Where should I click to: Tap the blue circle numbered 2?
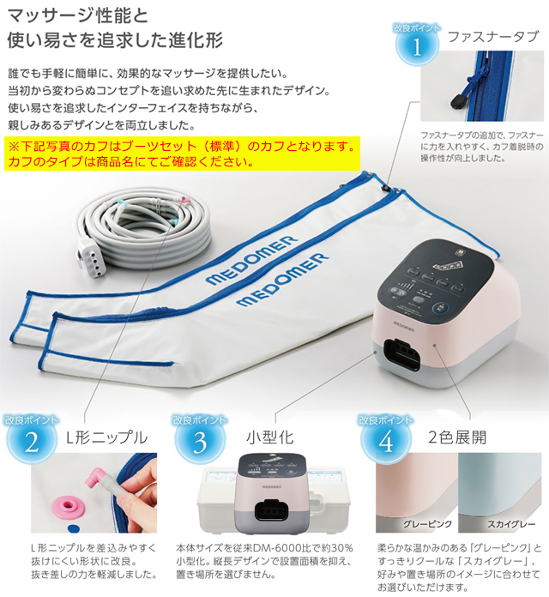[x=32, y=439]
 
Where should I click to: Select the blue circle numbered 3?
[x=199, y=439]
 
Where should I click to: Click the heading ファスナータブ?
[x=493, y=36]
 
